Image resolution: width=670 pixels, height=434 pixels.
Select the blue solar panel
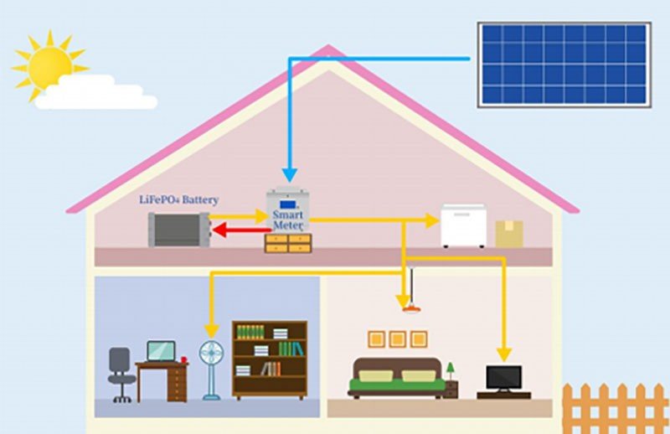coord(564,65)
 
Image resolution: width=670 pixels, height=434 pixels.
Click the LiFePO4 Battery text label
coord(178,200)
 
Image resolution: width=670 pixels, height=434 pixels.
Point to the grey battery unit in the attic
coord(177,229)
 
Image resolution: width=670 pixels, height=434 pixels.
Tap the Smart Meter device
coord(287,213)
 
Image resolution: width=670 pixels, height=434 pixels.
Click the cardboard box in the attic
coord(508,234)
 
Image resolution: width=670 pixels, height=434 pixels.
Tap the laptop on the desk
coord(161,350)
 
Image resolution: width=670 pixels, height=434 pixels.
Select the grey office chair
coord(121,373)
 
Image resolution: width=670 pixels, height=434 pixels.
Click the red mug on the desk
coord(183,359)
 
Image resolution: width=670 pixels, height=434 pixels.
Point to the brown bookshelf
coord(269,359)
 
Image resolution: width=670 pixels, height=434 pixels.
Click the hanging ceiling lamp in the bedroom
coord(410,308)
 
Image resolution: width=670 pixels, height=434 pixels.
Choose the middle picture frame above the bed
coord(398,338)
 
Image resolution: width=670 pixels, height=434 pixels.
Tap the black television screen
coord(503,377)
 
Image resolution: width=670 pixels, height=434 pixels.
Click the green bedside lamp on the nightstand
coord(450,369)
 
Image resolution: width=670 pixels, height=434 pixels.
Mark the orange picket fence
coord(616,408)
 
